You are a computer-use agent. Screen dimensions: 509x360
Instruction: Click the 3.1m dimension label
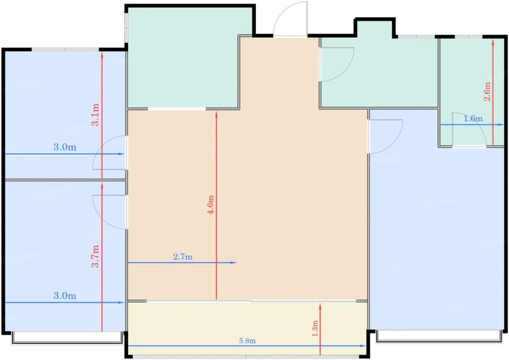pyautogui.click(x=95, y=115)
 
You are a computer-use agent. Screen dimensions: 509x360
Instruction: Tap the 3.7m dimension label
pyautogui.click(x=95, y=256)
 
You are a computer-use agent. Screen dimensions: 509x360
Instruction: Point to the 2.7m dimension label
pyautogui.click(x=183, y=257)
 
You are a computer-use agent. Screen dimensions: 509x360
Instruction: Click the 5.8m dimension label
pyautogui.click(x=247, y=341)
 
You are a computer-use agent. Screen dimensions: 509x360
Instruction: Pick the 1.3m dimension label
pyautogui.click(x=315, y=329)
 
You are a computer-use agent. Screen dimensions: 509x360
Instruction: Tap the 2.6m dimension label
pyautogui.click(x=487, y=92)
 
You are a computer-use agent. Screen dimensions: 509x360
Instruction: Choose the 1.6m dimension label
pyautogui.click(x=473, y=119)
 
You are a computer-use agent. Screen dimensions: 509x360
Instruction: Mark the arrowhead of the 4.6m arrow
pyautogui.click(x=216, y=115)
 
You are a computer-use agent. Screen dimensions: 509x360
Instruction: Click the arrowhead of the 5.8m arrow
pyautogui.click(x=363, y=346)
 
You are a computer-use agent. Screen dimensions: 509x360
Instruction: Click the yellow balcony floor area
pyautogui.click(x=248, y=329)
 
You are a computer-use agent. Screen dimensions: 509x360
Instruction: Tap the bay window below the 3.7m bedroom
pyautogui.click(x=67, y=337)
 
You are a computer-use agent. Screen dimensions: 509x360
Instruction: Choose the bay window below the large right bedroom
pyautogui.click(x=439, y=336)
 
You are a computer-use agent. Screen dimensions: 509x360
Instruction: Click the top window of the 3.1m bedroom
pyautogui.click(x=65, y=49)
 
